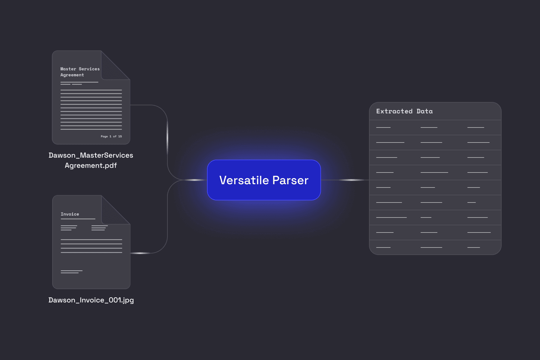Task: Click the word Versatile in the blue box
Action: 244,180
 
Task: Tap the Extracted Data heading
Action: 404,111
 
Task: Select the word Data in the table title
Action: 424,111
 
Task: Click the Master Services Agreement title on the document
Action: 80,72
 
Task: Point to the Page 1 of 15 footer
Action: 111,136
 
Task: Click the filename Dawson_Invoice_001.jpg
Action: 91,300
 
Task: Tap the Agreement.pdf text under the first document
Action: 91,166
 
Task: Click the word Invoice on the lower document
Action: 70,214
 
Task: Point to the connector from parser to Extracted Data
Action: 345,180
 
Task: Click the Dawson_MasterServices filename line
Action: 91,155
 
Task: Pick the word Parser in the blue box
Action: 290,180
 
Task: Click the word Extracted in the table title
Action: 394,111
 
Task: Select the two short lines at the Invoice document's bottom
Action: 71,272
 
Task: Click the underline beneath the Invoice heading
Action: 78,219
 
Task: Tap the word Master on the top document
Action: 68,69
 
